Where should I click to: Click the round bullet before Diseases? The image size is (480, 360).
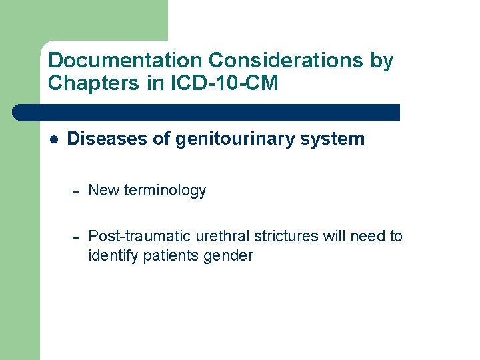(x=54, y=139)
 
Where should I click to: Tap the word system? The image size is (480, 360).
(x=333, y=139)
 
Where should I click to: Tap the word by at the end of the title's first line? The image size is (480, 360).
(x=381, y=61)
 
